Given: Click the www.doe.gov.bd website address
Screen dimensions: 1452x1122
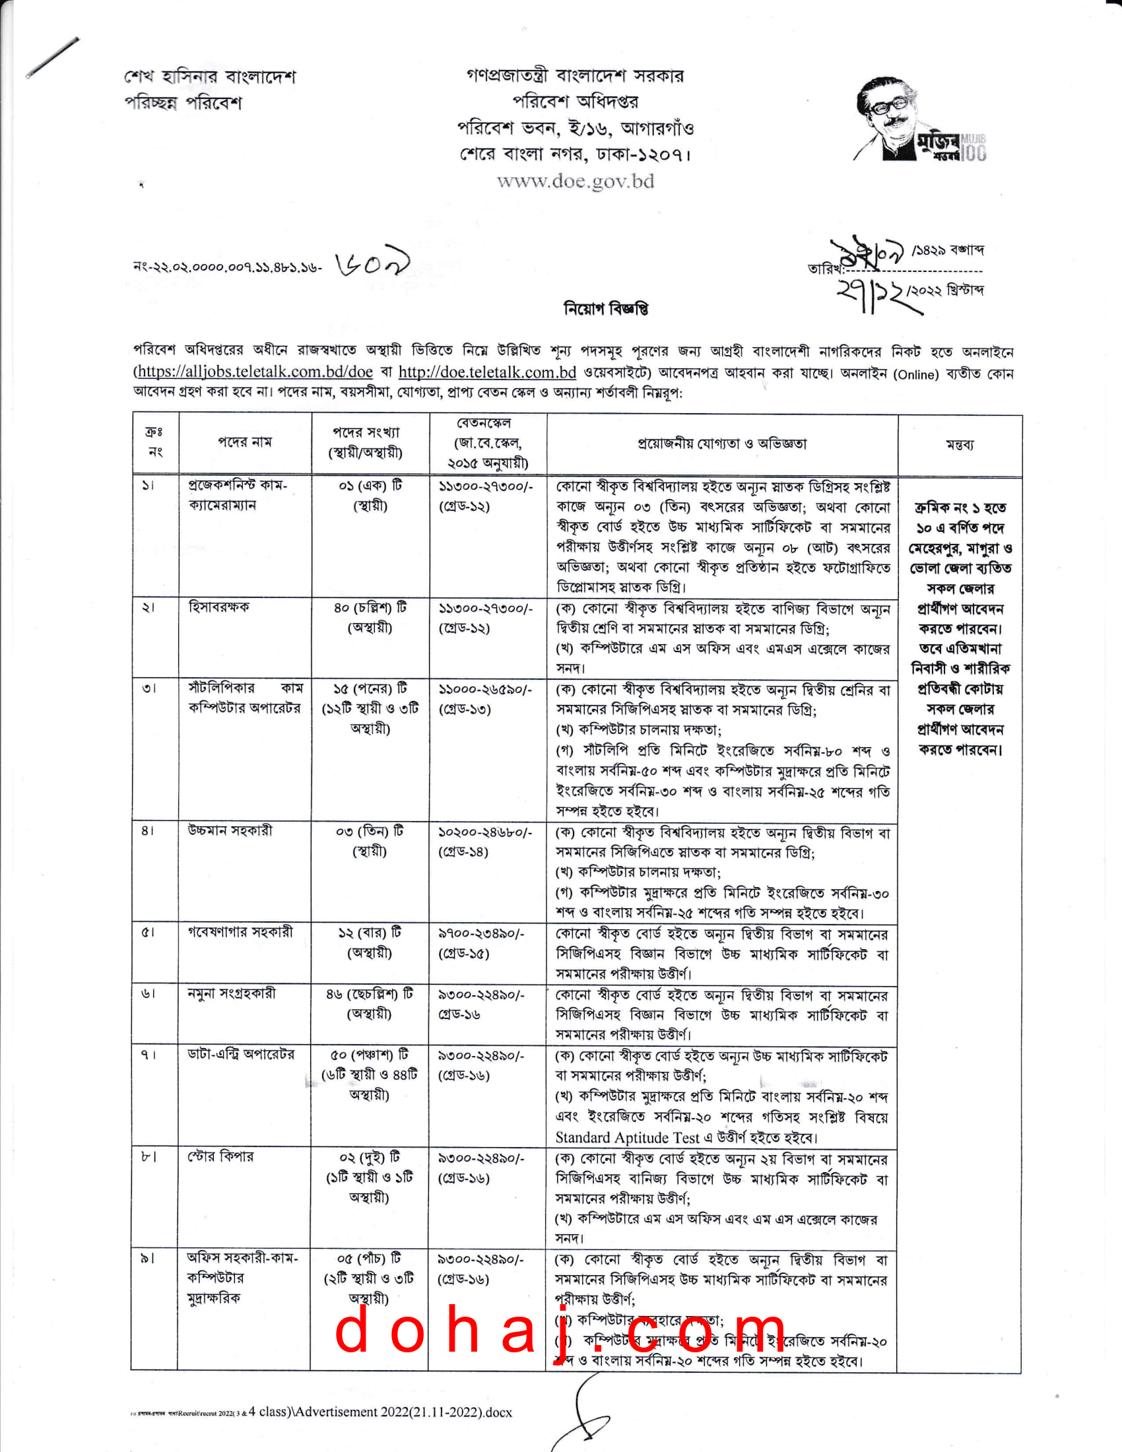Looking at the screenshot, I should coord(575,181).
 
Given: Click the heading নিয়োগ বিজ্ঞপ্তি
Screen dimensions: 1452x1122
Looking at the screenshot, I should coord(605,308).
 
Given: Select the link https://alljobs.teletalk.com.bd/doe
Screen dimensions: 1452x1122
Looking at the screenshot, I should coord(255,372).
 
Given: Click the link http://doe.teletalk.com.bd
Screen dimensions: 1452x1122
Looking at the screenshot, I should coord(487,372).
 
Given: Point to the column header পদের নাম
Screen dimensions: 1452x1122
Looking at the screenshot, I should coord(245,442).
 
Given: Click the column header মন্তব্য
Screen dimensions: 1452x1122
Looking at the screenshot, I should coord(959,444).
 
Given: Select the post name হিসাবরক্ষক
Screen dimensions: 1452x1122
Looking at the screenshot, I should coord(218,607).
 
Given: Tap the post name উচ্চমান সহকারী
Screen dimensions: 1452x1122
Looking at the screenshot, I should coord(230,830).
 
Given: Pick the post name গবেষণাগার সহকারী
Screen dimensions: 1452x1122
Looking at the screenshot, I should coord(240,932).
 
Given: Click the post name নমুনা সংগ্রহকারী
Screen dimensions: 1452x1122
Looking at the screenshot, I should coord(231,993).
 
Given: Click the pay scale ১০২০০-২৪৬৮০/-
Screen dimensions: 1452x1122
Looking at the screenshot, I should coord(484,832).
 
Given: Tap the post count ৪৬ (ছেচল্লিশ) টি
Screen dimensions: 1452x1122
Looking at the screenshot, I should coord(370,994).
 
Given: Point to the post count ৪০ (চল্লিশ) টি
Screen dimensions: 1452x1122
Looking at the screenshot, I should coord(370,608).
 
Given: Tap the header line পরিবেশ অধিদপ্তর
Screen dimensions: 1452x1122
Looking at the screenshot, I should coord(575,102).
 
